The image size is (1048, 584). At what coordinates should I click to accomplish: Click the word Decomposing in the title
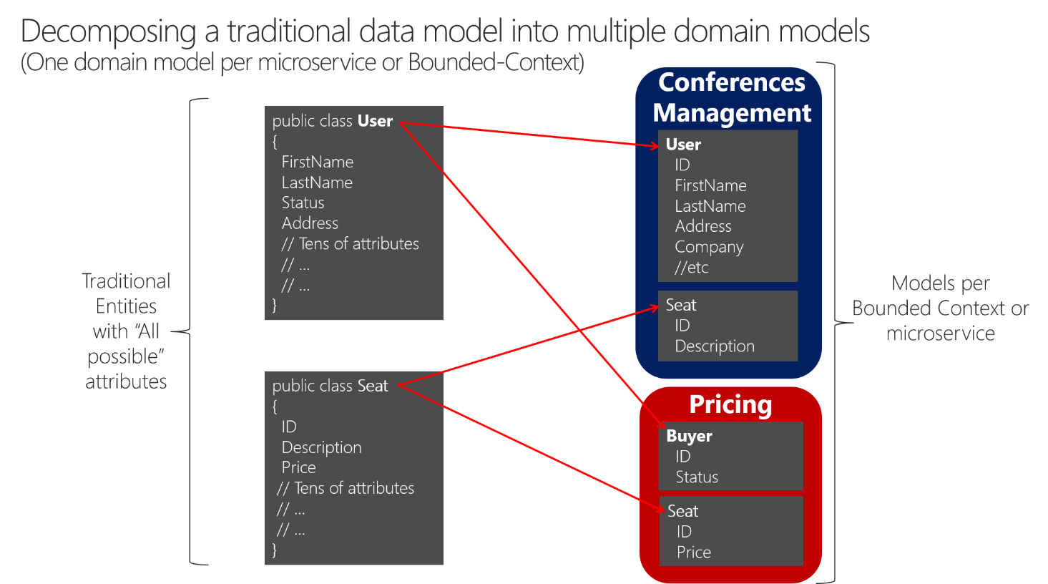(108, 32)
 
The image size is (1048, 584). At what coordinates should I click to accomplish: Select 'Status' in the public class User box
(303, 203)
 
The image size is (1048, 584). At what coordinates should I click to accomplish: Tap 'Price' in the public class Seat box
(298, 467)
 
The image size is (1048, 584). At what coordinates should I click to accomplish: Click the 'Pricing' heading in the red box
(730, 405)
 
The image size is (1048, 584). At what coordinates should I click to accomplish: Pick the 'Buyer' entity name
(689, 436)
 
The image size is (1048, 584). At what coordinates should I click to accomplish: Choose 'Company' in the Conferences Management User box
(709, 247)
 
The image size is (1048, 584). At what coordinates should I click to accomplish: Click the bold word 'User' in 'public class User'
(375, 121)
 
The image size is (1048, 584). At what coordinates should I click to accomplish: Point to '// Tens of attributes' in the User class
(350, 244)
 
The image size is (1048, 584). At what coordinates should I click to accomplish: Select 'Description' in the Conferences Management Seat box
(715, 346)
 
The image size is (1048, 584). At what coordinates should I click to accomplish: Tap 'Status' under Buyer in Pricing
(697, 477)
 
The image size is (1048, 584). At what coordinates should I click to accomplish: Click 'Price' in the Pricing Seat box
(693, 553)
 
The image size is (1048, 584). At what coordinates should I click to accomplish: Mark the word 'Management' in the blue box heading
(732, 113)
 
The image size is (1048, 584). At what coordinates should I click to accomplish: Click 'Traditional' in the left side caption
(126, 281)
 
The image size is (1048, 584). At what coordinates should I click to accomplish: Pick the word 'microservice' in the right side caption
(940, 334)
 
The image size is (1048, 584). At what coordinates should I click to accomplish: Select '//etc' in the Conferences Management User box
(691, 268)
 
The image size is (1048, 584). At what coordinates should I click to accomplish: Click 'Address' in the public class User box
(310, 223)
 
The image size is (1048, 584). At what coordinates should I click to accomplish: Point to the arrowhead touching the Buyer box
(661, 425)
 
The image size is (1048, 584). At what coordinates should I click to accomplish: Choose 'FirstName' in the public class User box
(318, 162)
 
